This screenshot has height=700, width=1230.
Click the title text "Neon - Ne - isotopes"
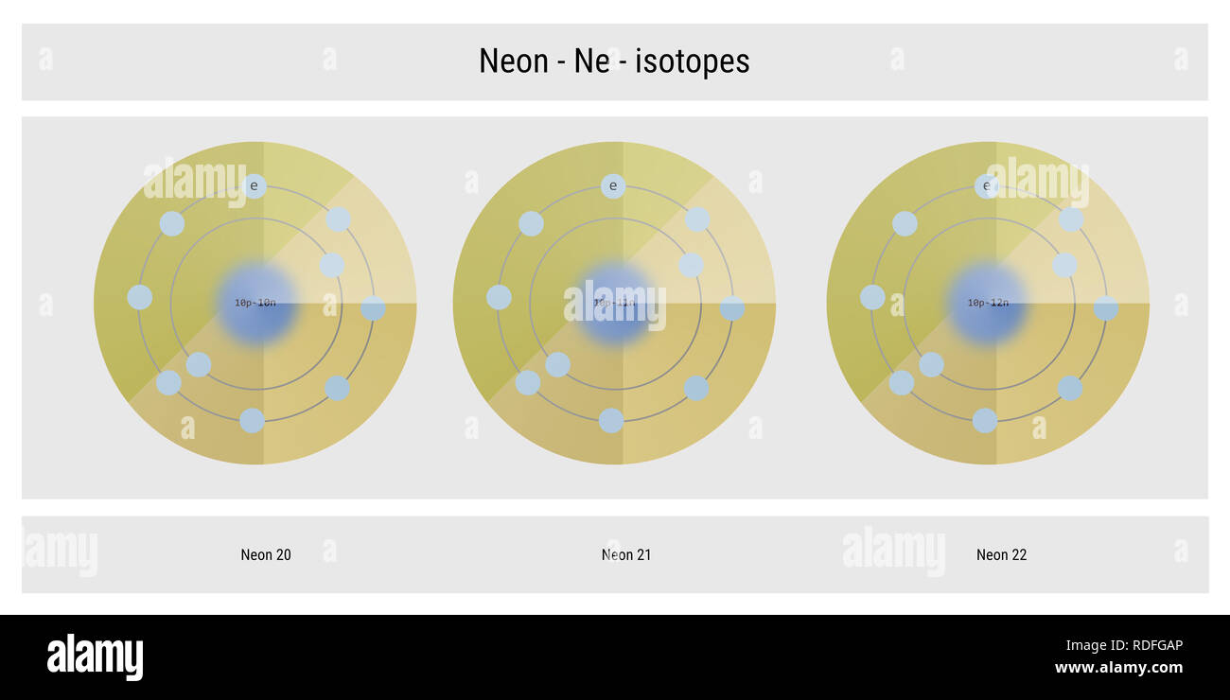pyautogui.click(x=614, y=61)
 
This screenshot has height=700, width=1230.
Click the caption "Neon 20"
pyautogui.click(x=266, y=555)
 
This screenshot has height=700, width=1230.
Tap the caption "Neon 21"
pyautogui.click(x=626, y=555)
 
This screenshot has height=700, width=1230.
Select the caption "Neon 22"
pyautogui.click(x=1001, y=555)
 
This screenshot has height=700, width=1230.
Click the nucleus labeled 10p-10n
pyautogui.click(x=255, y=304)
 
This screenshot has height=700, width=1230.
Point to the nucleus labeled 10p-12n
pyautogui.click(x=988, y=304)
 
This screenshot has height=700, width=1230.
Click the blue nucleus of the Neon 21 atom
pyautogui.click(x=615, y=304)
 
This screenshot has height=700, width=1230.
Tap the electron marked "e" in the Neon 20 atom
pyautogui.click(x=254, y=186)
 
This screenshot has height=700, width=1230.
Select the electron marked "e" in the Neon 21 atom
pyautogui.click(x=613, y=186)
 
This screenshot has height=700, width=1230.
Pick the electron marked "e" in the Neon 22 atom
pyautogui.click(x=987, y=186)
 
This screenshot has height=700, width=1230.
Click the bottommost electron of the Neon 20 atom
pyautogui.click(x=252, y=421)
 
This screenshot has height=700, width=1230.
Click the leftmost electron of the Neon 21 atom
pyautogui.click(x=499, y=297)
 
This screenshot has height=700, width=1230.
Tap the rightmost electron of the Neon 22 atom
pyautogui.click(x=1106, y=308)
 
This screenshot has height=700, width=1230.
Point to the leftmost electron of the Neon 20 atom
pyautogui.click(x=140, y=297)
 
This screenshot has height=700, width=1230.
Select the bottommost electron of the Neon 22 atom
pyautogui.click(x=985, y=421)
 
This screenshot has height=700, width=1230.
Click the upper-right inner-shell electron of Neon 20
pyautogui.click(x=331, y=265)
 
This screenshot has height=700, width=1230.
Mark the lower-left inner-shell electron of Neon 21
pyautogui.click(x=558, y=364)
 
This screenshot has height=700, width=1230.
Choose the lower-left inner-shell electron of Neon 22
pyautogui.click(x=931, y=364)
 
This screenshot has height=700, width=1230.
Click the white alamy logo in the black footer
pyautogui.click(x=95, y=657)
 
